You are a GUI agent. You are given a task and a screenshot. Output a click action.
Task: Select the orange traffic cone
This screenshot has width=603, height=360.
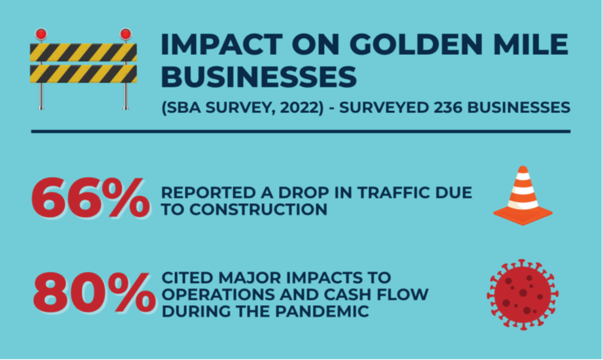[x=523, y=195]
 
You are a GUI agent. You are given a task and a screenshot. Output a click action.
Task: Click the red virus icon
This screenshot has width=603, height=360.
[x=523, y=295]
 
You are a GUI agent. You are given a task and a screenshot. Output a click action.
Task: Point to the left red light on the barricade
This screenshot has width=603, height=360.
[x=41, y=35]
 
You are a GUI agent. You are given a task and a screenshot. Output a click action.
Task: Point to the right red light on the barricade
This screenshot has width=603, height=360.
[x=125, y=35]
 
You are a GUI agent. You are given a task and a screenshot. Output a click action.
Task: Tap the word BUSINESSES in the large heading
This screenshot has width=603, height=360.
[x=259, y=76]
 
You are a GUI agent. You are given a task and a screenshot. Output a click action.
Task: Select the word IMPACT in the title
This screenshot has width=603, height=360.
[x=222, y=44]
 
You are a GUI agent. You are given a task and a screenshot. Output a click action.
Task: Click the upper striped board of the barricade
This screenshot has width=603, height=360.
[x=84, y=53]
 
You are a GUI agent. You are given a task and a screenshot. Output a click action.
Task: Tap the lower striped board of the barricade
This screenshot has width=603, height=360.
[x=84, y=74]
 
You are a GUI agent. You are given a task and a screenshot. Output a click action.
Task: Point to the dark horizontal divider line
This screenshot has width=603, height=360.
[x=301, y=131]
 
